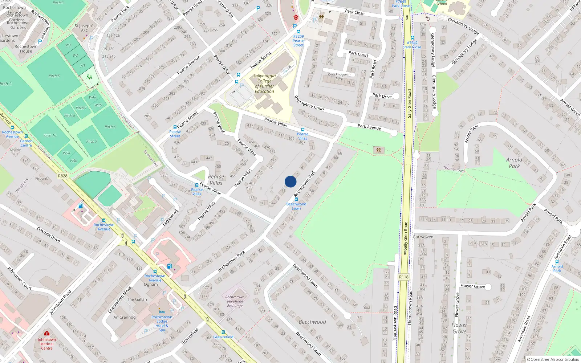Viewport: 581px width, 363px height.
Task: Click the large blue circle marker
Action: [290, 181]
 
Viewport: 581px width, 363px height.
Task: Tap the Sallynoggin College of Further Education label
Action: [264, 83]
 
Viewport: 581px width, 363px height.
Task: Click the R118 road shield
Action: [404, 277]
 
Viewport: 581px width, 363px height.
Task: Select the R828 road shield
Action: [63, 176]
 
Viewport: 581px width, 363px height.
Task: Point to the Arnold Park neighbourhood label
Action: [514, 163]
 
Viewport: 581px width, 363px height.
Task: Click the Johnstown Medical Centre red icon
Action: [46, 333]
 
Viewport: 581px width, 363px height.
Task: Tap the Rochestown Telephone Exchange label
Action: [235, 301]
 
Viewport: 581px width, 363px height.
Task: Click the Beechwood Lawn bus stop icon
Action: [296, 199]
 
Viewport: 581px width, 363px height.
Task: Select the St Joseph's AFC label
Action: [84, 28]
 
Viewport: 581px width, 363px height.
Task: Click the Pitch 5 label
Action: [54, 76]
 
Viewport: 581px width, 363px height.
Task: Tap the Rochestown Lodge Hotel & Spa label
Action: [162, 323]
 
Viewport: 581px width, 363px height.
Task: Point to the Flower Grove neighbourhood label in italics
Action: [459, 328]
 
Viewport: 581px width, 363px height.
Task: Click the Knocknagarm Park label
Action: [339, 76]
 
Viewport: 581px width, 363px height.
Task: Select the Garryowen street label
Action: [423, 237]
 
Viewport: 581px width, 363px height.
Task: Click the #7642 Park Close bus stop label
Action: [412, 45]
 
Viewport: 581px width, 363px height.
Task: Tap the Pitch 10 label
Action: [50, 135]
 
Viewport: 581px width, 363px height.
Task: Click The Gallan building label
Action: [137, 299]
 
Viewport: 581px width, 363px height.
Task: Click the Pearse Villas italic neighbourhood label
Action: [216, 180]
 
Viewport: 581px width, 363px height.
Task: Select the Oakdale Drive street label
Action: [48, 234]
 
